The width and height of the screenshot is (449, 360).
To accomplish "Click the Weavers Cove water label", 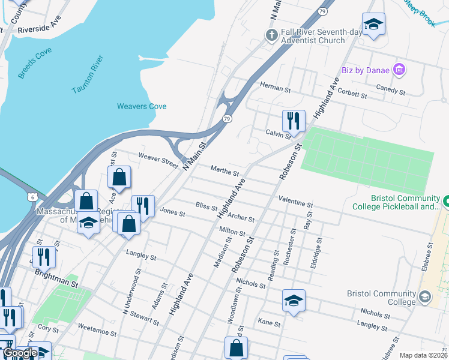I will coord(142,107).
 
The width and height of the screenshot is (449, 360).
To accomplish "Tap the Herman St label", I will coord(275,88).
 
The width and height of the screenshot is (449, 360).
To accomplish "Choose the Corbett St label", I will coord(352,95).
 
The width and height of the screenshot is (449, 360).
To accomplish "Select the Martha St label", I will coord(225,170).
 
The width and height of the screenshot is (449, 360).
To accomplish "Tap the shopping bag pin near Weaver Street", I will coord(119,178).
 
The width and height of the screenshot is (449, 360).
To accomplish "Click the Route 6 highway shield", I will coord(31,197).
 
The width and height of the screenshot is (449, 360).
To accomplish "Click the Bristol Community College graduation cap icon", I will coord(425,296).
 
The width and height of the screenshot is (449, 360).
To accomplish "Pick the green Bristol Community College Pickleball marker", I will coord(445,199).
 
